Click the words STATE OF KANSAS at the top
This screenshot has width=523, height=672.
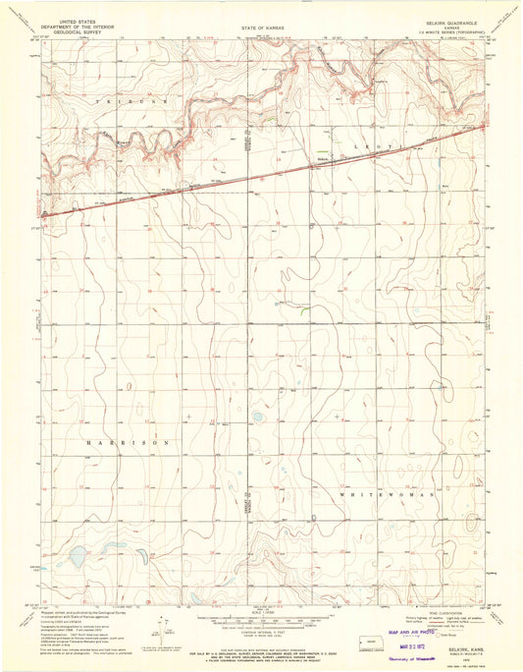point(261,28)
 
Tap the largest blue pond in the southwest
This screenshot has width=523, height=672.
point(76,557)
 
